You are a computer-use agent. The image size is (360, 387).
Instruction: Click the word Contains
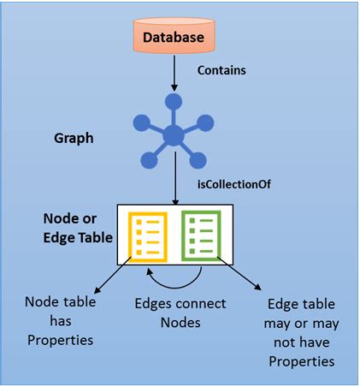pyautogui.click(x=221, y=70)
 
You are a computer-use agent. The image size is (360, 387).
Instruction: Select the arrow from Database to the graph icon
pyautogui.click(x=174, y=74)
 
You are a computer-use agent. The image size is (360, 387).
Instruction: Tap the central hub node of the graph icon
pyautogui.click(x=174, y=135)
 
